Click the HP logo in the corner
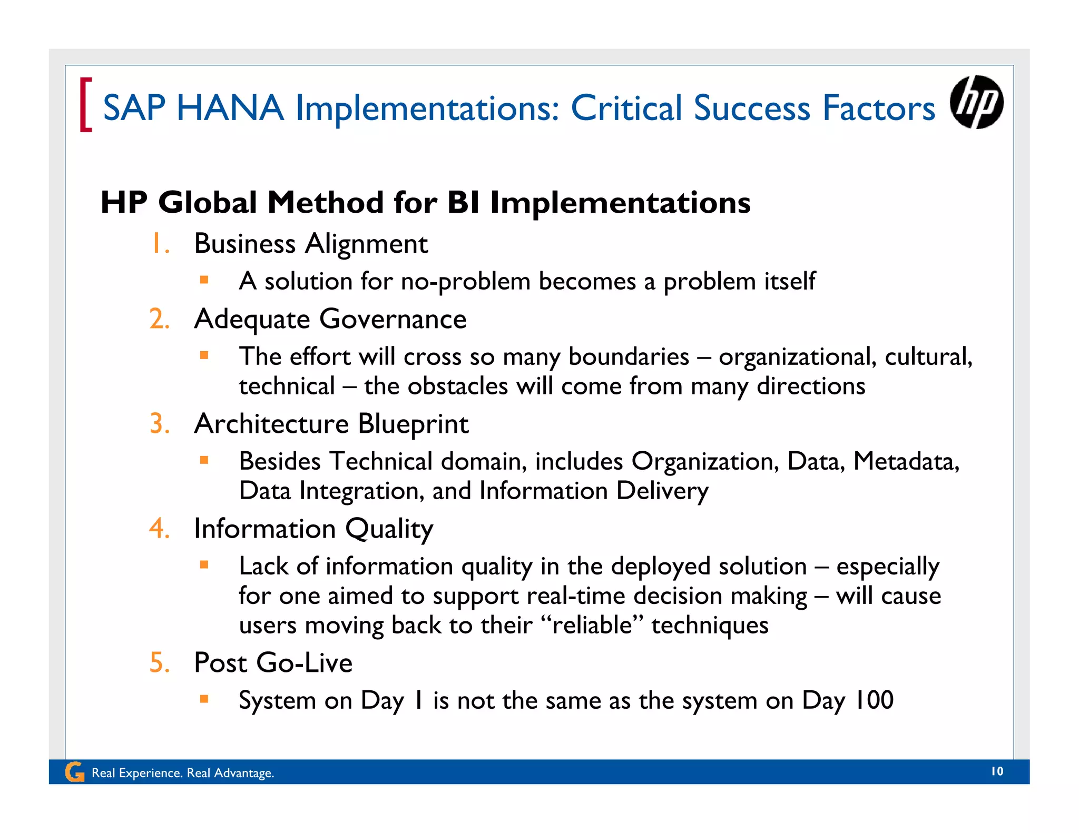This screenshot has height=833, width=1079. point(976,102)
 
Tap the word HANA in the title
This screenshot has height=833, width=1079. point(230,108)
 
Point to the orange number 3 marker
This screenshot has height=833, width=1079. point(159,424)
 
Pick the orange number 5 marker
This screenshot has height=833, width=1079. point(159,662)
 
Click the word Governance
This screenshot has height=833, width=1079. point(393,319)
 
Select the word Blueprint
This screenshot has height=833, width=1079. point(413,424)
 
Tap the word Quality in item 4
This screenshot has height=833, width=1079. point(389,529)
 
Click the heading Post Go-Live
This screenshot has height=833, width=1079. point(273,662)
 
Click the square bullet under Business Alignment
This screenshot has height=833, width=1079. point(204,280)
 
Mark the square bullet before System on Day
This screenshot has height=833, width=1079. point(204,699)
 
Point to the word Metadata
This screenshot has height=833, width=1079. point(905,461)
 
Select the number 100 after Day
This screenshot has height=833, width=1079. point(873,700)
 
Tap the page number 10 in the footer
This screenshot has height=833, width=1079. point(997,771)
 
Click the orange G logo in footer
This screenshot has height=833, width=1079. point(74,772)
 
